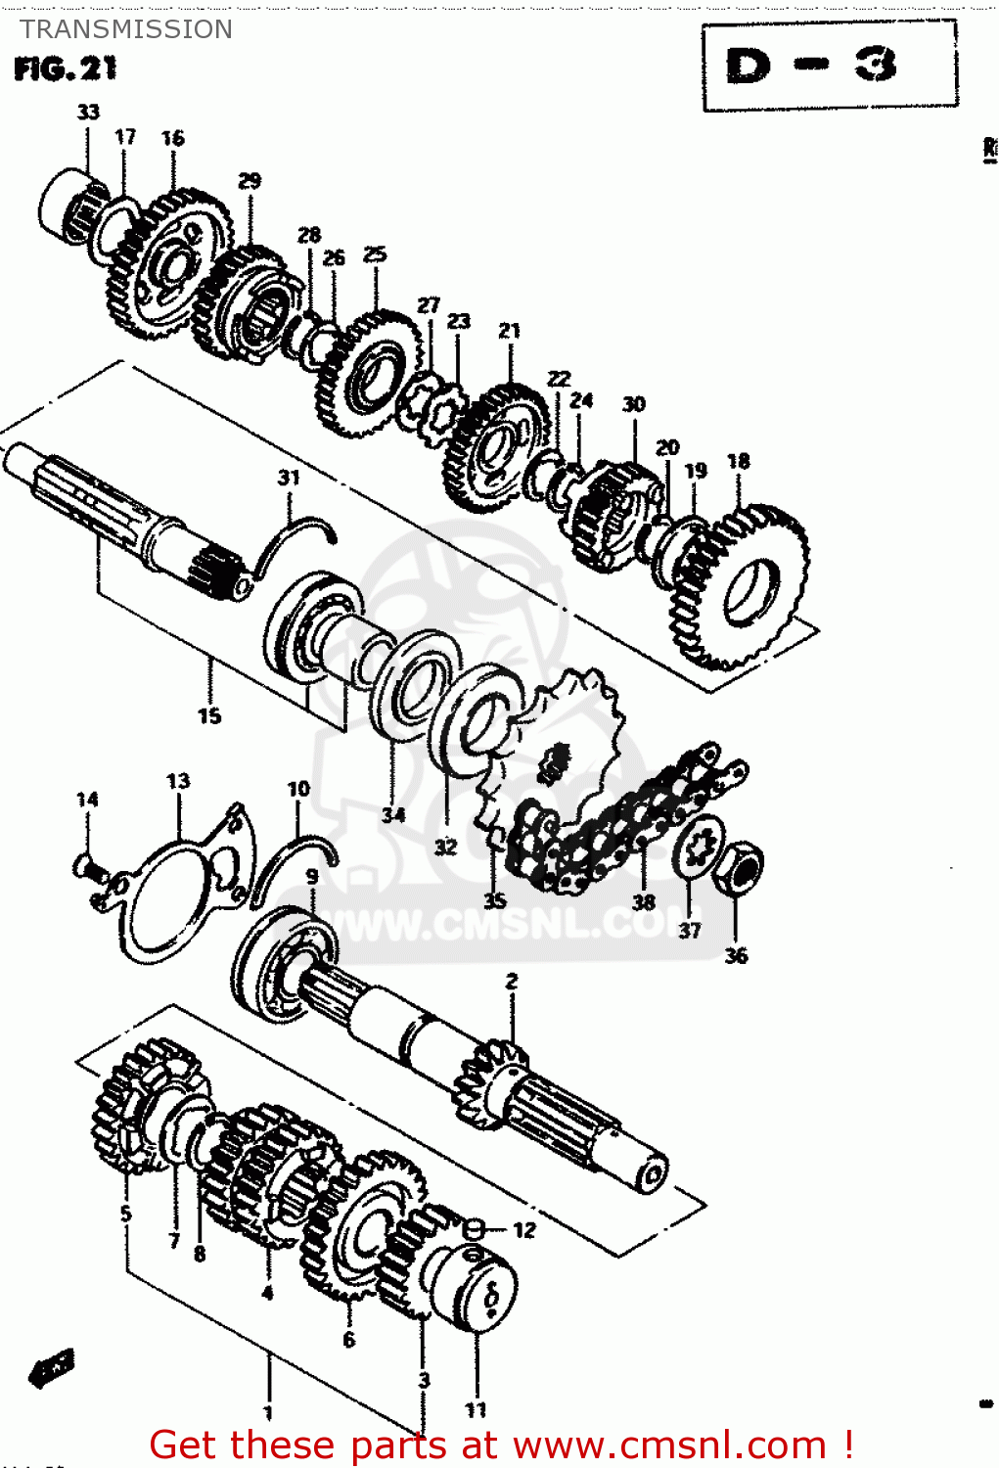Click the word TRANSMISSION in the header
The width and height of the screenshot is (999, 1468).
tap(126, 29)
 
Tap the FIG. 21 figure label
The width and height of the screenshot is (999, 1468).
tap(66, 69)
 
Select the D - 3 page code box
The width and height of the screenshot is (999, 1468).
tap(829, 67)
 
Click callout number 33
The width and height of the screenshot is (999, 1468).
tap(88, 113)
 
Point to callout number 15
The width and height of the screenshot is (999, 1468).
tap(209, 716)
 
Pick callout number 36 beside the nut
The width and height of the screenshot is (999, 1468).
tap(736, 955)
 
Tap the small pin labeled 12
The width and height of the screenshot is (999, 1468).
tap(472, 1228)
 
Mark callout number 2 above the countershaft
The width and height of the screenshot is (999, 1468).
tap(511, 981)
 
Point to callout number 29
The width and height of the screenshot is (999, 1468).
tap(250, 181)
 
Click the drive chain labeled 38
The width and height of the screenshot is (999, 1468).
tap(626, 822)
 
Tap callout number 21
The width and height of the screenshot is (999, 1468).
tap(509, 331)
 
